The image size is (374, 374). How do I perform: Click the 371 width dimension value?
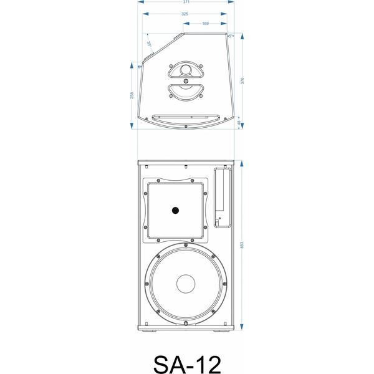click(x=186, y=3)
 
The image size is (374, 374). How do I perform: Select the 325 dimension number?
click(x=185, y=13)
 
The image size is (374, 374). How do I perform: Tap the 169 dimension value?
click(x=205, y=24)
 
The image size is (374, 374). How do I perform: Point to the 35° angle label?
click(x=150, y=43)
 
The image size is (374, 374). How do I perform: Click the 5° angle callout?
click(x=232, y=36)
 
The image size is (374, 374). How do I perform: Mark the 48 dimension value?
click(x=242, y=123)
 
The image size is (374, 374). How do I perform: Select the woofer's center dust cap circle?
click(x=186, y=284)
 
